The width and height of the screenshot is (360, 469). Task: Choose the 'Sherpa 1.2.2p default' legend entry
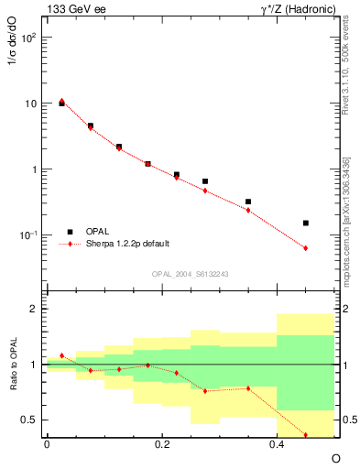pos(132,244)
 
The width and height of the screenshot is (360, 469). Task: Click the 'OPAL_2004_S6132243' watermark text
pos(191,274)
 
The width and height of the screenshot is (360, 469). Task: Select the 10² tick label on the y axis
pos(27,38)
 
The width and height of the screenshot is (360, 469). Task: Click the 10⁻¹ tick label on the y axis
pos(27,236)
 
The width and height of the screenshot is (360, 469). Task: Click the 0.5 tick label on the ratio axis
pos(28,420)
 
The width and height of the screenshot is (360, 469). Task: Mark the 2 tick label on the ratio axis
pos(33,310)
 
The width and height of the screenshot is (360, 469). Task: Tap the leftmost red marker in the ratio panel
pos(61,355)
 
